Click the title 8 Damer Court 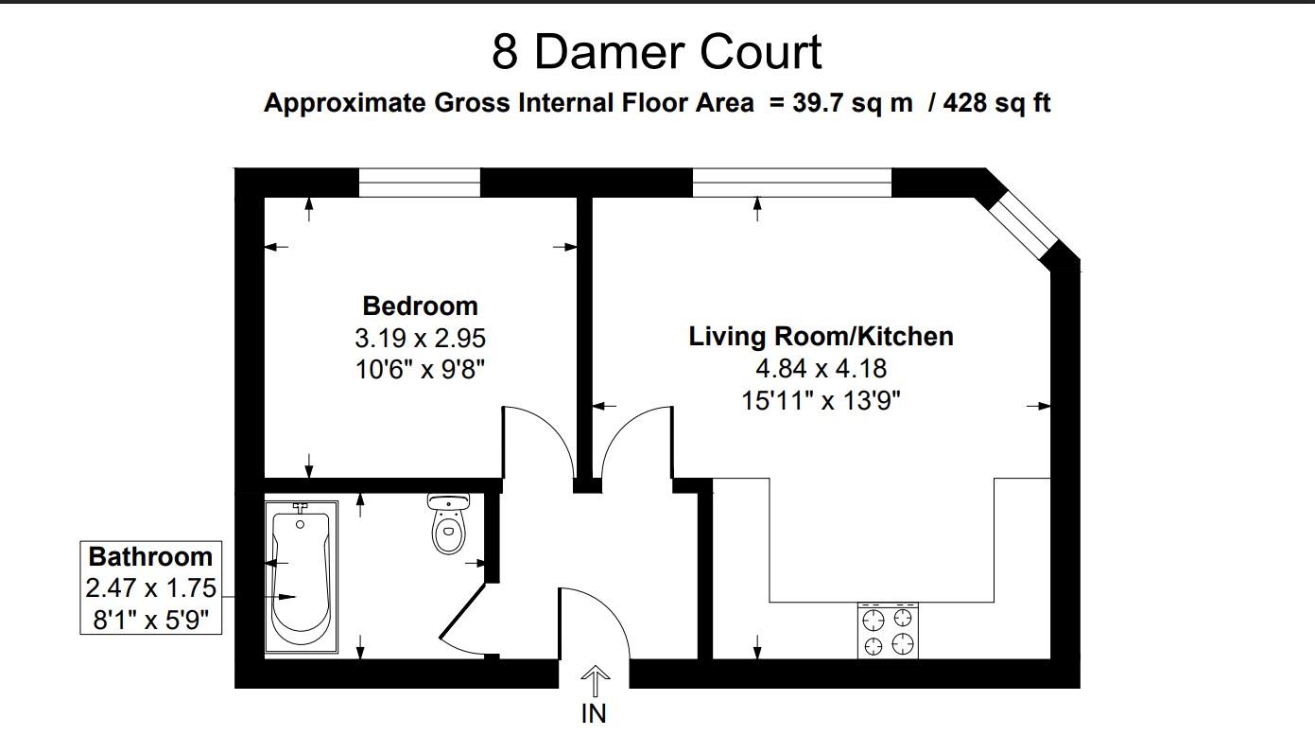[x=656, y=52]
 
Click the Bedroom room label [x=420, y=306]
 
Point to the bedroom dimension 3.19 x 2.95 [x=420, y=337]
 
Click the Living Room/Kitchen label [x=820, y=336]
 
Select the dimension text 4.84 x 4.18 [x=820, y=368]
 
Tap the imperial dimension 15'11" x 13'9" [x=820, y=400]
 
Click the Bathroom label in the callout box [x=150, y=556]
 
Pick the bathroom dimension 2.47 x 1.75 [x=150, y=588]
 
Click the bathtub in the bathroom [x=300, y=576]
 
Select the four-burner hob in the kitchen [x=889, y=631]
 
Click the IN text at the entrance [x=594, y=713]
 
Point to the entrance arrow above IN [x=595, y=680]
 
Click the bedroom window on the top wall [x=419, y=182]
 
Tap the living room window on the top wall [x=791, y=182]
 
